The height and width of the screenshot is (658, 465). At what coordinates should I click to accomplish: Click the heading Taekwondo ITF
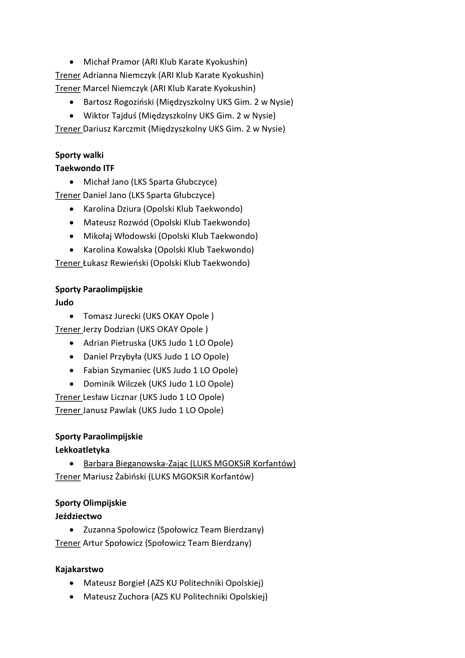point(85,168)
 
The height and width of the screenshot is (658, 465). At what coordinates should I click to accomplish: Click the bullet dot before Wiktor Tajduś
point(72,116)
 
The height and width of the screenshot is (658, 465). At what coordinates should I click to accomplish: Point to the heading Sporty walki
point(79,155)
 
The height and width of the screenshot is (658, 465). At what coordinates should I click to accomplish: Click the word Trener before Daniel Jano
point(68,195)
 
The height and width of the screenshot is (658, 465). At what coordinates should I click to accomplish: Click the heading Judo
point(64,303)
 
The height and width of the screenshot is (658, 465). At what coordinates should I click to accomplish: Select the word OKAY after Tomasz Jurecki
point(173,316)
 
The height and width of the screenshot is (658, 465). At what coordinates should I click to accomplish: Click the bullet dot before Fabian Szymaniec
point(72,371)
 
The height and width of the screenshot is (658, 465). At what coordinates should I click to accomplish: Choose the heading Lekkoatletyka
point(82,450)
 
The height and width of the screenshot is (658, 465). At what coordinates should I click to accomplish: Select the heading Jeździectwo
point(79,516)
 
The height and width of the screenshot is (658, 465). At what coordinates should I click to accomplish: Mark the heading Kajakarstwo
point(79,569)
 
